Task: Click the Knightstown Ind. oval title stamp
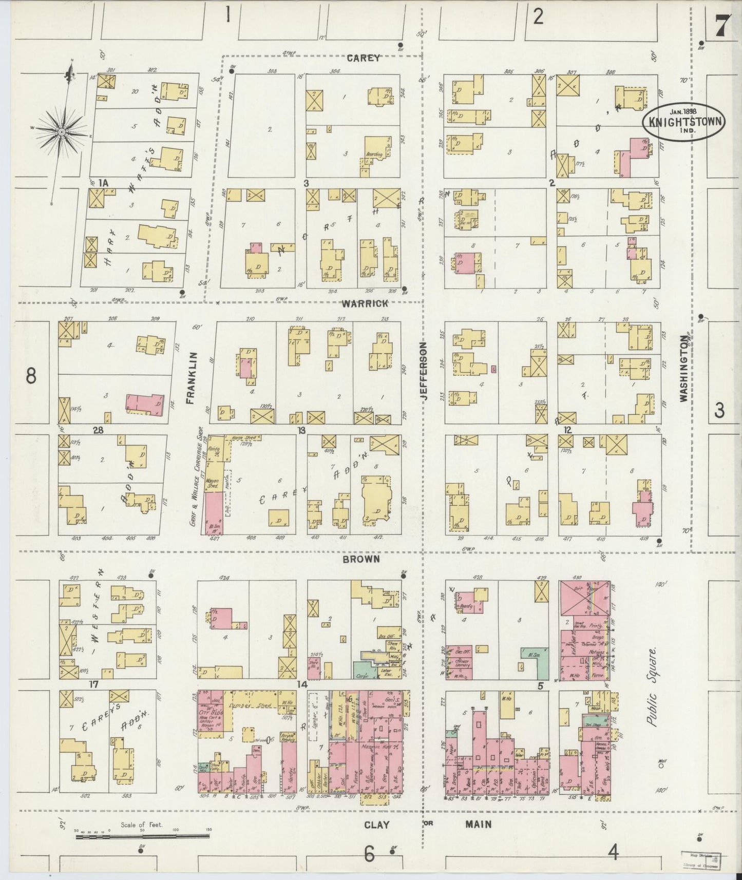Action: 684,122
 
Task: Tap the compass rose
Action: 62,132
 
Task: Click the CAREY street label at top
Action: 363,58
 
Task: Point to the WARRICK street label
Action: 365,303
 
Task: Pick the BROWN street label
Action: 362,559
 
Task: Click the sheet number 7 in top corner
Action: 722,25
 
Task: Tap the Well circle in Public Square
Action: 661,766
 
